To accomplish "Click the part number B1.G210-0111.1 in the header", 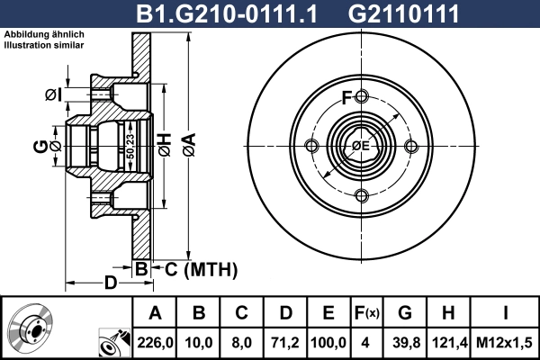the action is pos(226,13).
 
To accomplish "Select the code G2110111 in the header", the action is pos(403,13).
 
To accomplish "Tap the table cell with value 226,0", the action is pos(155,343).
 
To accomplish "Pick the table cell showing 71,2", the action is pos(285,343).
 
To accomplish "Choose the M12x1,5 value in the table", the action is pos(504,343).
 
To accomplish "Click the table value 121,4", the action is pos(448,343).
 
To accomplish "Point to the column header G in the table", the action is pos(405,313).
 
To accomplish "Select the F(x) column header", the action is pos(366,313).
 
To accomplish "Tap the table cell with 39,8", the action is pos(406,343).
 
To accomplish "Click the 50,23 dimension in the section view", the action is pos(130,147).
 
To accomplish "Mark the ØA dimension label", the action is pos(189,146).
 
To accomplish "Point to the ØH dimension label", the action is pos(165,145).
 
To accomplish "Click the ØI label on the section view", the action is pos(54,94).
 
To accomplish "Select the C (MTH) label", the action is pos(201,269).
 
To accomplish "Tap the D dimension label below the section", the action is pos(111,283).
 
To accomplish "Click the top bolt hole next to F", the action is pos(361,96).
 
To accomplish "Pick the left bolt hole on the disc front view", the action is pos(312,146).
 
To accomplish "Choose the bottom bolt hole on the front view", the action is pos(361,195).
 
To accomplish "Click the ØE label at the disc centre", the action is pos(361,146).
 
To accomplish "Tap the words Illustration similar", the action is pos(44,45).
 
